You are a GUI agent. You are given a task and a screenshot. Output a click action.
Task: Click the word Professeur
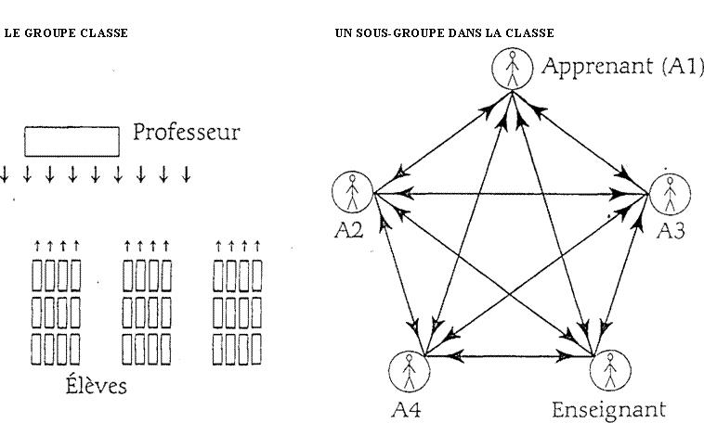(x=187, y=133)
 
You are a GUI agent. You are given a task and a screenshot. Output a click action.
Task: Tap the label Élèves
(x=96, y=385)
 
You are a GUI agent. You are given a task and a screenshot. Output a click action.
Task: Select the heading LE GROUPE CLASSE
(x=66, y=33)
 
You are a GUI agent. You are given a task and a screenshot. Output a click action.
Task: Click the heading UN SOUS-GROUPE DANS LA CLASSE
(x=445, y=33)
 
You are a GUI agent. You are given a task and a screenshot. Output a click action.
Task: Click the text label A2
(x=349, y=230)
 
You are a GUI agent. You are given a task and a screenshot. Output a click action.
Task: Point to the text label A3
(x=671, y=231)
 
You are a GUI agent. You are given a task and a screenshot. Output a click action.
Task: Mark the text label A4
(x=406, y=409)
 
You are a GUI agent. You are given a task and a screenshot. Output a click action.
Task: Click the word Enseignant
(x=608, y=410)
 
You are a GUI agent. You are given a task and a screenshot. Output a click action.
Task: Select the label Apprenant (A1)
(x=623, y=67)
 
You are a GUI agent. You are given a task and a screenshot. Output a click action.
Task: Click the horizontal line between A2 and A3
(x=511, y=194)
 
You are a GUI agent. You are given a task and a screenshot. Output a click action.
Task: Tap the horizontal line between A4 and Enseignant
(x=509, y=356)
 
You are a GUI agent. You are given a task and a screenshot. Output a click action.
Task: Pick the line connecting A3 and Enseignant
(x=621, y=275)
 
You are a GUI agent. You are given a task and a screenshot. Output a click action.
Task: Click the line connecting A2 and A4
(x=399, y=274)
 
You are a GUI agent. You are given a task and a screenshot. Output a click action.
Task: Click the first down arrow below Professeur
(x=5, y=174)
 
